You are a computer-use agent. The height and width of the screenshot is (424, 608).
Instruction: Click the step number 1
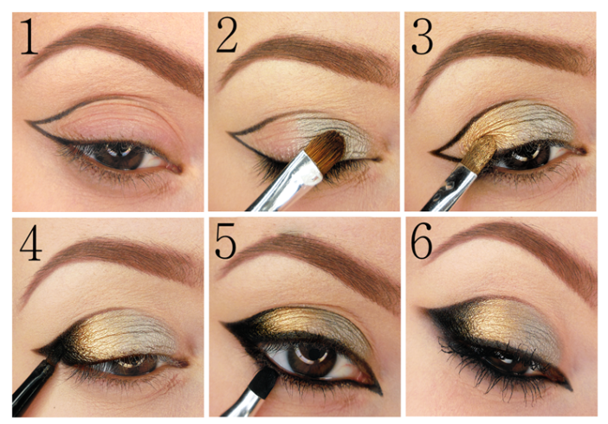click(29, 37)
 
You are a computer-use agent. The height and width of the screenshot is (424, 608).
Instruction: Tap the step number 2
click(227, 35)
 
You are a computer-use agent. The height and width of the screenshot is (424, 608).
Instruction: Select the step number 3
click(423, 36)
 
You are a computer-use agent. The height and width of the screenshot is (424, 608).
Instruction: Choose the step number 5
click(225, 241)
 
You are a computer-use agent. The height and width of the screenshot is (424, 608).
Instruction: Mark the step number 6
click(422, 241)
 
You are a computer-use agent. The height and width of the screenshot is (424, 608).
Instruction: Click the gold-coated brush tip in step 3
click(481, 152)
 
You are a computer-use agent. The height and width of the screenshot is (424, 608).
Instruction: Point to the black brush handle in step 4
click(33, 386)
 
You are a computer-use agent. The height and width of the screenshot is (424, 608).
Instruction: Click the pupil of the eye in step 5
click(314, 354)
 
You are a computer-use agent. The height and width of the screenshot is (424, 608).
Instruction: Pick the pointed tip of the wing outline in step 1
click(27, 122)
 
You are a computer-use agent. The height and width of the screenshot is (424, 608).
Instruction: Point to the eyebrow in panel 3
click(504, 55)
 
